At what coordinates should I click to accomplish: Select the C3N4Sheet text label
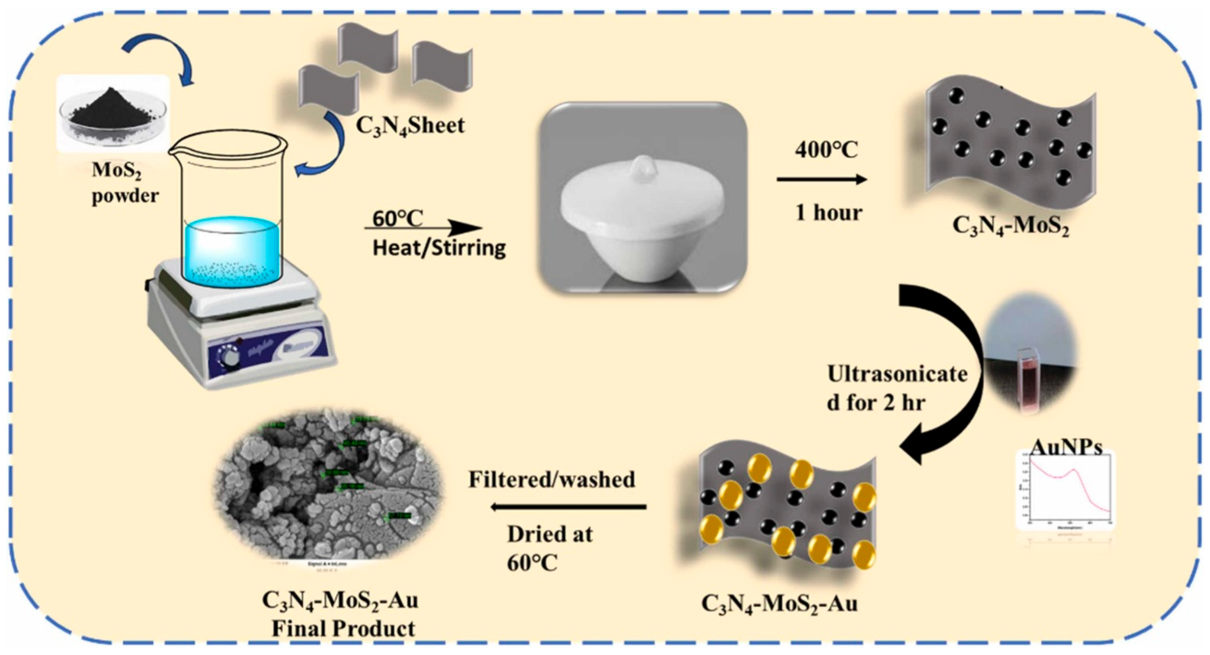pos(410,126)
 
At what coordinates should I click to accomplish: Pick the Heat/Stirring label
pos(439,248)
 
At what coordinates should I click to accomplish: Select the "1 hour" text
pos(828,213)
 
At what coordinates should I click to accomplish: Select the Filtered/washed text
pos(552,479)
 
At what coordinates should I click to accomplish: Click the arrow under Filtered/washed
pos(569,506)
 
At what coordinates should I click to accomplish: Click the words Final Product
pos(343,629)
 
